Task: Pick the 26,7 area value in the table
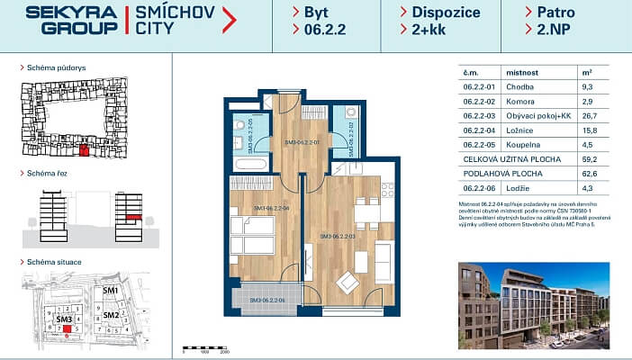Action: pos(587,116)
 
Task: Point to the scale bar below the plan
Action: pos(207,347)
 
